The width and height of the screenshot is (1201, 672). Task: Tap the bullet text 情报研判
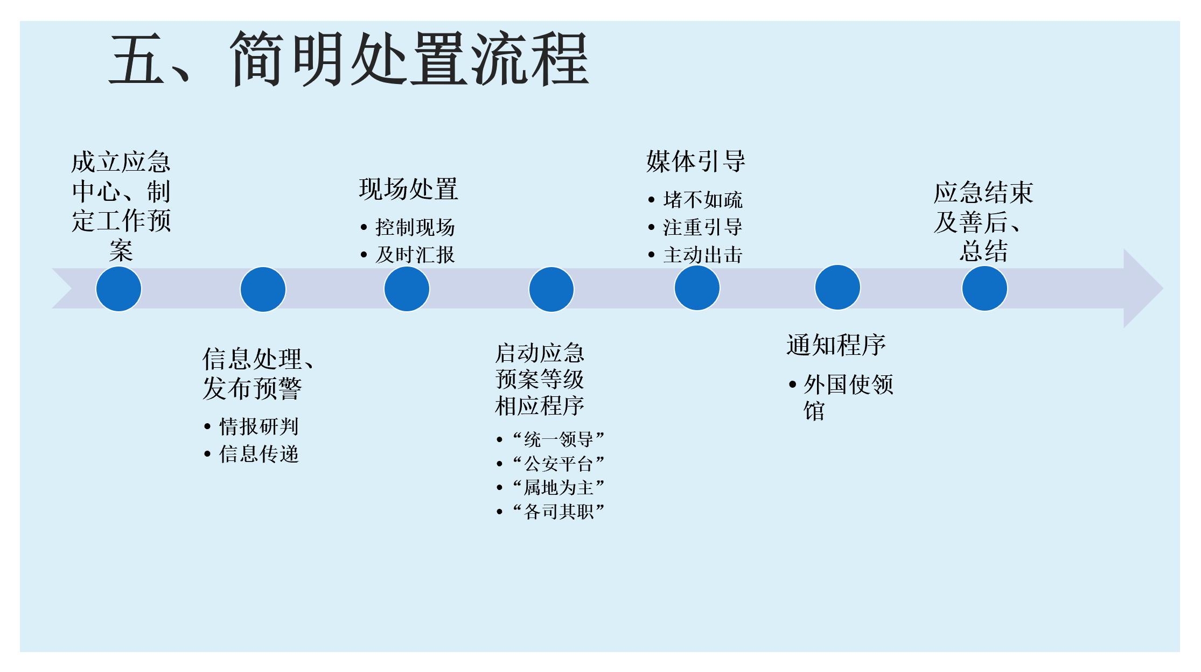(x=259, y=426)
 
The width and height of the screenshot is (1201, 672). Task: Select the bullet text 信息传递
(x=259, y=454)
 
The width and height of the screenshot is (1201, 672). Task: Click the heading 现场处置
(x=408, y=190)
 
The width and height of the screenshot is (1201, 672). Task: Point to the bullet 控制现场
(x=415, y=227)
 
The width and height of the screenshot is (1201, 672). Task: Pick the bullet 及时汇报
(x=415, y=255)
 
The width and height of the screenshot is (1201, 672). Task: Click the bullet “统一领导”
(x=558, y=439)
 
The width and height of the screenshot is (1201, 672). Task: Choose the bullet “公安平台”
(x=558, y=463)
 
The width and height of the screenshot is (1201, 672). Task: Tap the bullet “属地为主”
(x=558, y=487)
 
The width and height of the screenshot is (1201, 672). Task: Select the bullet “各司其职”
(x=558, y=511)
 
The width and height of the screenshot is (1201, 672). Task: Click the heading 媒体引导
(x=696, y=162)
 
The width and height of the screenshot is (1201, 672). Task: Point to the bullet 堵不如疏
(x=702, y=200)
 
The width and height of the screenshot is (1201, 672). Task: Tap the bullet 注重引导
(x=702, y=227)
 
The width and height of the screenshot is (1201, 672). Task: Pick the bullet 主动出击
(x=702, y=255)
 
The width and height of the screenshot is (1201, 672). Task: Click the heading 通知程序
(x=836, y=345)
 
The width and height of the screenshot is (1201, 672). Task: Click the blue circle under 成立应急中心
(x=118, y=289)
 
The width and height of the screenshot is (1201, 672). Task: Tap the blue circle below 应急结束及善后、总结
(x=984, y=289)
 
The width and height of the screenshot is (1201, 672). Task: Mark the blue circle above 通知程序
(x=837, y=288)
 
